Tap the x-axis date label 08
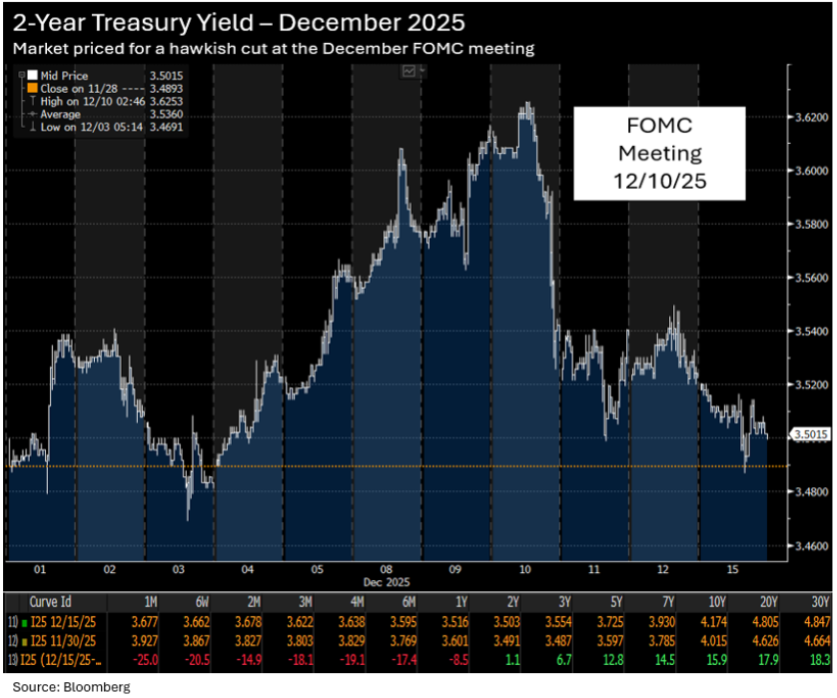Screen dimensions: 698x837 coord(387,568)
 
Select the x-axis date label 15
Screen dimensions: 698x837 coord(732,568)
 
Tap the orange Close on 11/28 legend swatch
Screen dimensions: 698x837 coord(32,87)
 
